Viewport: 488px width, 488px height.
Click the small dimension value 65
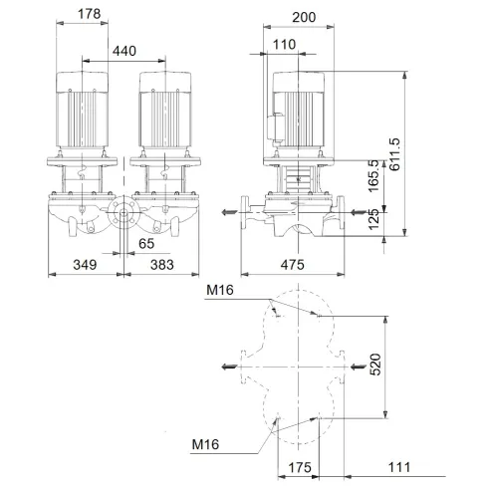click(146, 241)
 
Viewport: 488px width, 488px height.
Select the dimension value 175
click(296, 467)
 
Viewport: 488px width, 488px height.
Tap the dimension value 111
click(399, 467)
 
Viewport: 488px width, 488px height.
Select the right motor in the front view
click(164, 112)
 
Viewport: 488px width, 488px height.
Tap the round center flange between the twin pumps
click(123, 213)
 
